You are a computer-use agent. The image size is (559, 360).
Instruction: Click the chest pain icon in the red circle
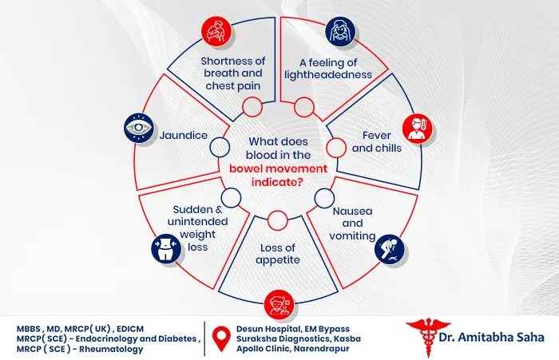pos(216,31)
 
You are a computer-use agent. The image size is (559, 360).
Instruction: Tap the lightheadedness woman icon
pos(340,31)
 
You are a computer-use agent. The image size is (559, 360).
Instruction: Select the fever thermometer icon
pos(418,129)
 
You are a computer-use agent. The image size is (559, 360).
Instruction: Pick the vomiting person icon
pos(390,249)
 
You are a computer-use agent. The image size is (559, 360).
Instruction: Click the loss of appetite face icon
pos(279,305)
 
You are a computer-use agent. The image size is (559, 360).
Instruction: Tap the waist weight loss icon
pos(166,248)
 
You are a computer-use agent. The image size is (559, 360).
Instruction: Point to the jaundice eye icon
pos(139,128)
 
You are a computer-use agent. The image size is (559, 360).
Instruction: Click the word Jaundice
pos(183,136)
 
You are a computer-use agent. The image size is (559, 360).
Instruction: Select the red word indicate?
pos(277,182)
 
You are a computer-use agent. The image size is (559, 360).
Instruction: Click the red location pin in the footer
pos(221,338)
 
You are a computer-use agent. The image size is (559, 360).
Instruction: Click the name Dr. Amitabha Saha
pos(491,337)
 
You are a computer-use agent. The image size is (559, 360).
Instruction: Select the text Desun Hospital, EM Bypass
pos(293,329)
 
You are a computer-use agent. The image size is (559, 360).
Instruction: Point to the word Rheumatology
pos(111,349)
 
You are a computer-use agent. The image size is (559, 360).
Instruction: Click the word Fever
pos(376,136)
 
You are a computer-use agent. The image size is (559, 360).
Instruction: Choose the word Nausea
pos(352,211)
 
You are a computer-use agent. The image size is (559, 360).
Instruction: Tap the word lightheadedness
pos(328,75)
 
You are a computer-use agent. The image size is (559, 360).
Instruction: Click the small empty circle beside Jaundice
pos(220,147)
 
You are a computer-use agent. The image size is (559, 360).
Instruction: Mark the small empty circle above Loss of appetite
pos(277,220)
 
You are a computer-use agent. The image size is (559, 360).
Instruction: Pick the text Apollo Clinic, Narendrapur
pos(293,349)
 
